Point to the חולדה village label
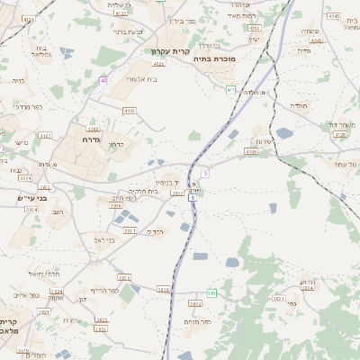coord(300,105)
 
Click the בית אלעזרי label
coord(141,79)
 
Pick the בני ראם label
coord(104,240)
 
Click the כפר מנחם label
coord(197,321)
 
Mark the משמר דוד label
coord(339,124)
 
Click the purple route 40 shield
coord(104,81)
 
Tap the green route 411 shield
coord(231,89)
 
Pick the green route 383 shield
coord(212,292)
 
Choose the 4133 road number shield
coord(129,111)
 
